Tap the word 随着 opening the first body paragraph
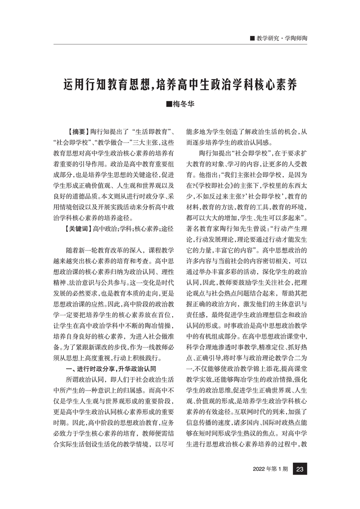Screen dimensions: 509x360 [x=73, y=250]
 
